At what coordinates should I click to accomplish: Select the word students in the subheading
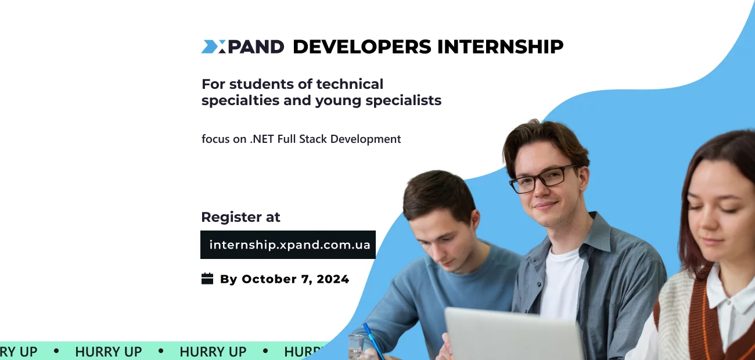click(x=258, y=84)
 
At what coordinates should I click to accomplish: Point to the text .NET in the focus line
click(x=262, y=139)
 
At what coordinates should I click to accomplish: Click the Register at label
click(x=240, y=217)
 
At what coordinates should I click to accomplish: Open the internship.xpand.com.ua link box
click(x=288, y=244)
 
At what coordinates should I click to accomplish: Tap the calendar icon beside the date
click(x=207, y=279)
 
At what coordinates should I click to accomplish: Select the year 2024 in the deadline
click(x=333, y=279)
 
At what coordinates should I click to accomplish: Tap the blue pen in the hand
click(x=373, y=341)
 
